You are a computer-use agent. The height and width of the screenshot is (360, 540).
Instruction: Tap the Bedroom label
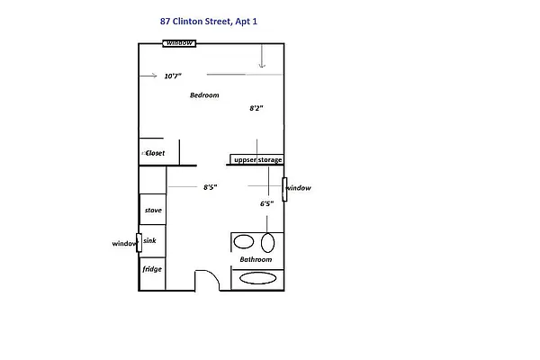pos(204,94)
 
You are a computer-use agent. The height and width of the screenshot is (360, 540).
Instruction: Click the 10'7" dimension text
pos(173,76)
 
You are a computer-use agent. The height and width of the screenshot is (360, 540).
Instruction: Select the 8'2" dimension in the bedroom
pos(256,108)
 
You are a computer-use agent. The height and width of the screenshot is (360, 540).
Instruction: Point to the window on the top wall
pos(180,43)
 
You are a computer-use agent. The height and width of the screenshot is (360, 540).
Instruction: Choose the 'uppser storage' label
pos(257,160)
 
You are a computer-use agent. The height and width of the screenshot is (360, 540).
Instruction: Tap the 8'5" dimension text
pos(209,187)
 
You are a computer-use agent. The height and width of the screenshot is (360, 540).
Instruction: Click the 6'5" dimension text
pos(266,204)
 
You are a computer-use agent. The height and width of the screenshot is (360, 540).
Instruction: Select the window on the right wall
pos(284,189)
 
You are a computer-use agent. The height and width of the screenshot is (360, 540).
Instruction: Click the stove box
pos(152,210)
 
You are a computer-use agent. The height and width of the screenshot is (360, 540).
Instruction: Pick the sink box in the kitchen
pos(151,242)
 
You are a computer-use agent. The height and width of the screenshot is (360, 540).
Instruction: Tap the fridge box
pos(152,268)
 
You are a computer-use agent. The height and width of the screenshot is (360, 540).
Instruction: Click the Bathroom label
pos(256,260)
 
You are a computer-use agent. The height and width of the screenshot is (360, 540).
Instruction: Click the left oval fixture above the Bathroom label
pos(244,241)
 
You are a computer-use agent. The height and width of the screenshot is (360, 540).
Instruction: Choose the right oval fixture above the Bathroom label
pos(267,241)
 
